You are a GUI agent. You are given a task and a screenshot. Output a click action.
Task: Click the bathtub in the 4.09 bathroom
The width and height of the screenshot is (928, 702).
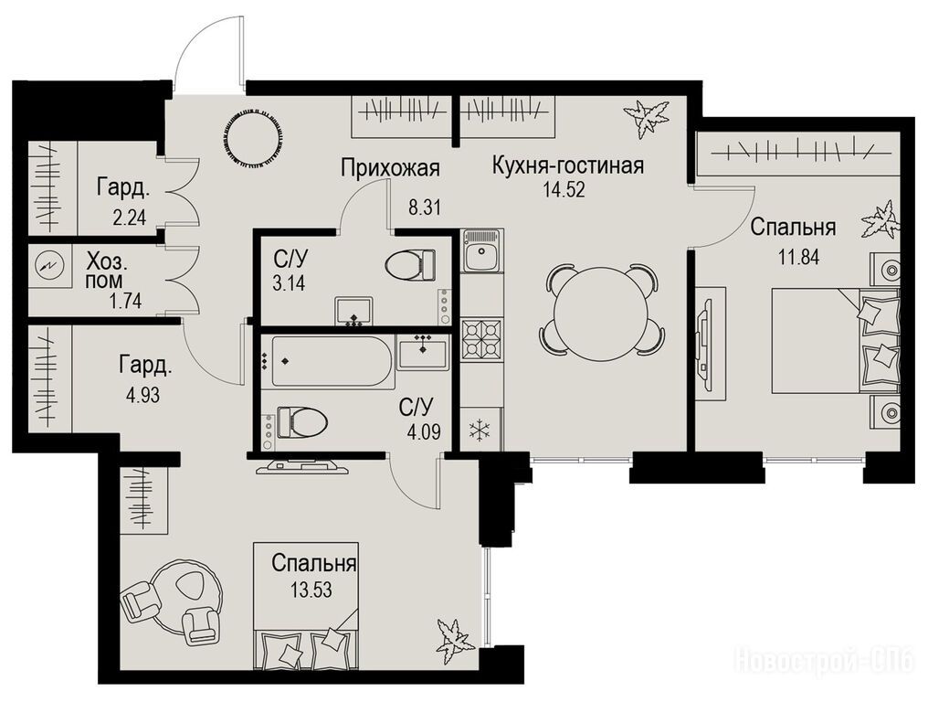coord(326,361)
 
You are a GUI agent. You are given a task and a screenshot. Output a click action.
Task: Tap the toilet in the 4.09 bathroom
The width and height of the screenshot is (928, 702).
coord(302,421)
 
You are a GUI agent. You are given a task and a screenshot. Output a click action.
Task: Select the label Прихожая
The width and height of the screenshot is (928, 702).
coord(390,168)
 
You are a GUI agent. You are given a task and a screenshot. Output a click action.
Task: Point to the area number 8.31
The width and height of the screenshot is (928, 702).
coord(425,208)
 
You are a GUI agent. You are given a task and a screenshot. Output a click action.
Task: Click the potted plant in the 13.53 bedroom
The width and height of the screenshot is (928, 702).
coord(454,639)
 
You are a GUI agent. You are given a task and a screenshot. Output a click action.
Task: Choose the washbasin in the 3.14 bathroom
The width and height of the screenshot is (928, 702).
coord(353,311)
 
